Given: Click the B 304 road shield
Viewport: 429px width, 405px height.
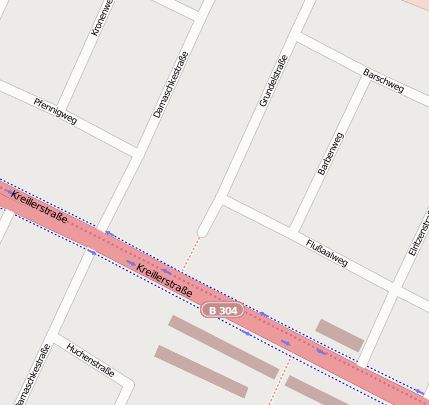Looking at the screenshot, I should click(x=222, y=311).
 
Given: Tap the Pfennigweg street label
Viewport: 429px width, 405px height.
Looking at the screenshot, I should click(x=55, y=111).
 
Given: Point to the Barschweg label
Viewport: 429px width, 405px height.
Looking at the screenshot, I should click(x=384, y=81).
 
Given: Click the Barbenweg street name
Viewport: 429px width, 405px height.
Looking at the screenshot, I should click(x=330, y=154).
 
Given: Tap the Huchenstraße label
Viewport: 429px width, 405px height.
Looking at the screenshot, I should click(x=90, y=362).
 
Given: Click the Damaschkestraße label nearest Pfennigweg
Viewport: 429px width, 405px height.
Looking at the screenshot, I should click(x=171, y=86).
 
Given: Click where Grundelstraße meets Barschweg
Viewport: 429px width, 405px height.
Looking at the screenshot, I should click(x=299, y=42).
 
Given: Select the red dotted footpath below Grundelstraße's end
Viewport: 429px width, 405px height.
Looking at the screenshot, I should click(x=191, y=255).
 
